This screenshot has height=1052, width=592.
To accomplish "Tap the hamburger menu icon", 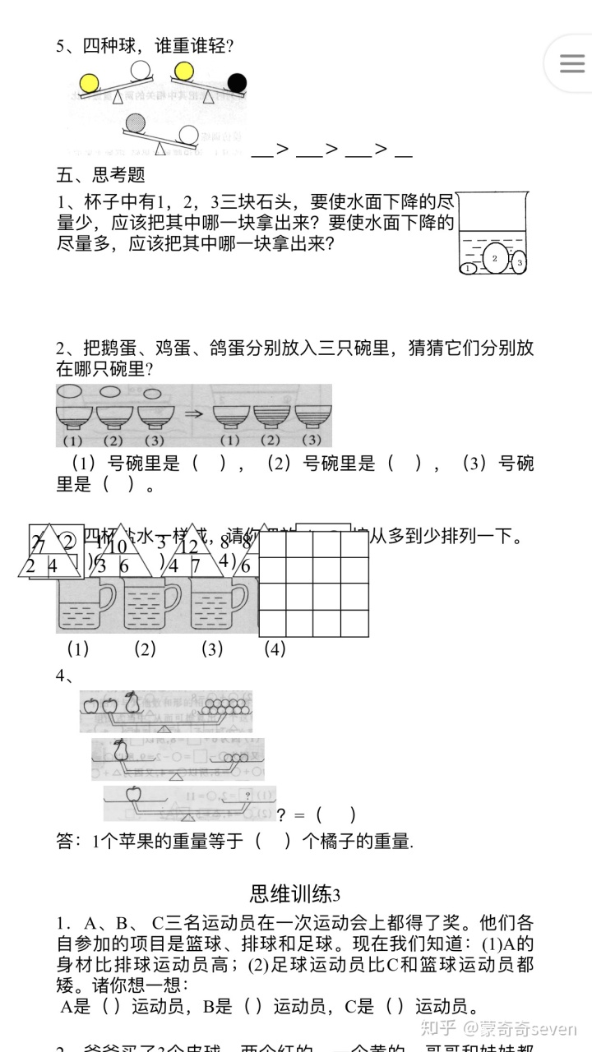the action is (571, 64).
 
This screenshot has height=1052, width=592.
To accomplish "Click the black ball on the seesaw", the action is (237, 82).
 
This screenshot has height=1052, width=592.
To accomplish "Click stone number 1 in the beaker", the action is (469, 268).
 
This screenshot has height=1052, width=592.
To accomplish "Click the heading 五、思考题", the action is (100, 174).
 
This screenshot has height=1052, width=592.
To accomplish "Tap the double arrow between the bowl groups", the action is (193, 414).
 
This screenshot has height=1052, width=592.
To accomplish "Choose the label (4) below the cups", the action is (275, 648).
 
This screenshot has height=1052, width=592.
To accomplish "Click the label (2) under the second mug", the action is (145, 648).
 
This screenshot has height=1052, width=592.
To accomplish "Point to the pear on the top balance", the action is (132, 703).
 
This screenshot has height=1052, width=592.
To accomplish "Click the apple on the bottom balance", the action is (132, 794).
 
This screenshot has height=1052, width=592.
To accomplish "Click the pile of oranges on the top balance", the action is (224, 704).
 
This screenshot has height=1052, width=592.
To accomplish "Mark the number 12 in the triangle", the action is (189, 547).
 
